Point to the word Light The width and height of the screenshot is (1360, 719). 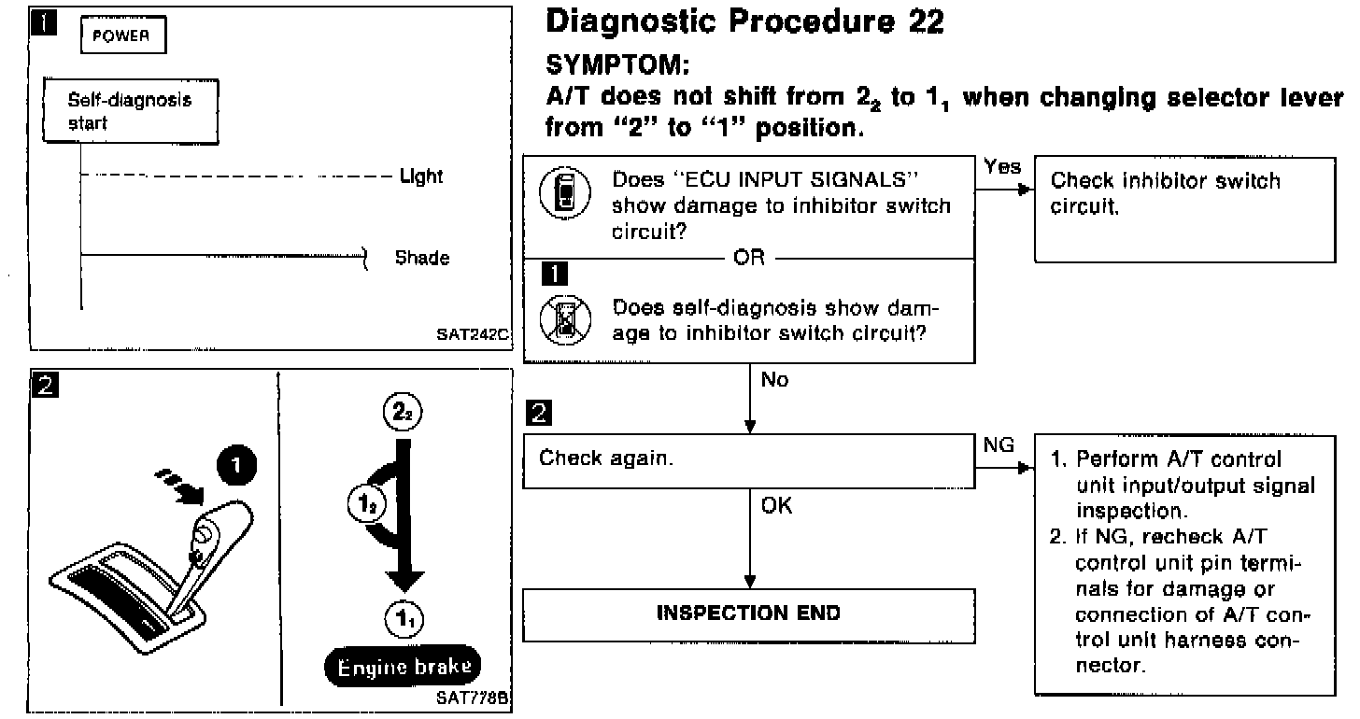[x=421, y=176]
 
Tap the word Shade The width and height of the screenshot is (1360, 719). [x=422, y=258]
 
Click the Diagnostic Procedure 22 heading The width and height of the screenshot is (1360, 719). [x=744, y=21]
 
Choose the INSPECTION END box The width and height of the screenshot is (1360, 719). [x=748, y=613]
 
